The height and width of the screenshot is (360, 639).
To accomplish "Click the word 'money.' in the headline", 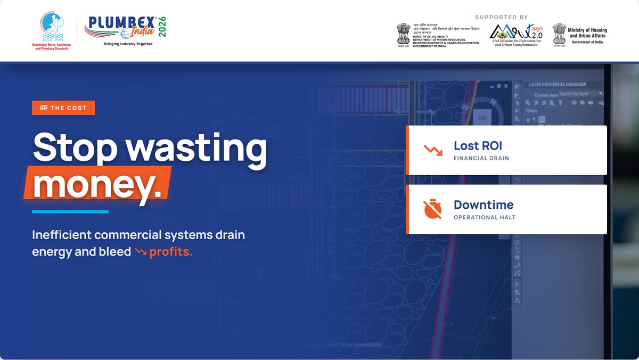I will [x=97, y=185].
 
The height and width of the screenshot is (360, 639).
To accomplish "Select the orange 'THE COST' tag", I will [x=63, y=108].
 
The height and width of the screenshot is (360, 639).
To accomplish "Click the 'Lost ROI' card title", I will [x=478, y=145].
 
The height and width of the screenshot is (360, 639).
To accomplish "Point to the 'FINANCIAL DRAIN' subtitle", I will [x=481, y=158].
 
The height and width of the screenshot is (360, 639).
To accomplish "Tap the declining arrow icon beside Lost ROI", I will [x=433, y=150].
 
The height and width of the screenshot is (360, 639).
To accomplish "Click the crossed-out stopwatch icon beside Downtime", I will [x=432, y=209].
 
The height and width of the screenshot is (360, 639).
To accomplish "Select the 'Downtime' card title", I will [x=484, y=204].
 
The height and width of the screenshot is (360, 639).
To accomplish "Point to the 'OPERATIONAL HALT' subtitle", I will [x=484, y=217].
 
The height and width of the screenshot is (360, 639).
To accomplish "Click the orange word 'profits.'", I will [x=171, y=252].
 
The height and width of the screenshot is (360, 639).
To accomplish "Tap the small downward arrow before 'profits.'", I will [x=141, y=251].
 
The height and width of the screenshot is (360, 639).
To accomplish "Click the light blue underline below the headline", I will [x=70, y=211].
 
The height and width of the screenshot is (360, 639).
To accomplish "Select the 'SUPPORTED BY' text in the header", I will [x=501, y=17].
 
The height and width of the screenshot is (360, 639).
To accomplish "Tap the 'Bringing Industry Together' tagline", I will [x=128, y=44].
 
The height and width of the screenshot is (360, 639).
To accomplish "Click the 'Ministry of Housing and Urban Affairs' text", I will [x=588, y=33].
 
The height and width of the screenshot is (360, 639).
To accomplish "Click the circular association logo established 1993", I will [x=52, y=27].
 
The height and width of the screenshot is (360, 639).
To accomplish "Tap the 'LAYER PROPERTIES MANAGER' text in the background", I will [x=558, y=84].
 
